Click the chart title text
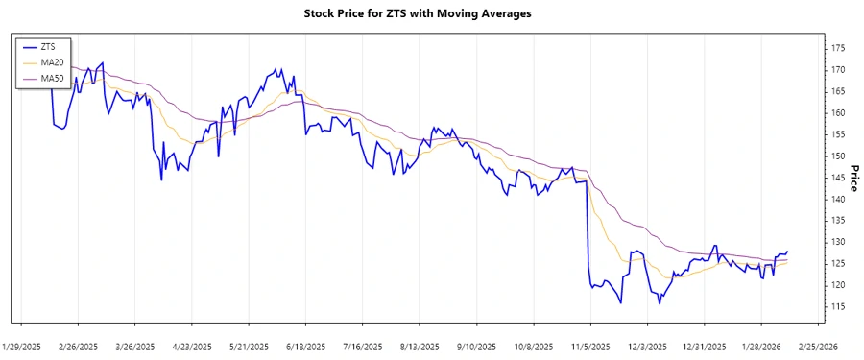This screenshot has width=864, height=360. (x=431, y=14)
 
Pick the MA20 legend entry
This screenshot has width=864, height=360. (x=52, y=62)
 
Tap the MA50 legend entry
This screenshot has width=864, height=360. (x=52, y=78)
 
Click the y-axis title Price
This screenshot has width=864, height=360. (x=852, y=177)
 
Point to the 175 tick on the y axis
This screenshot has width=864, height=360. (x=838, y=48)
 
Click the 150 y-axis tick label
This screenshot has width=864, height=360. (x=838, y=156)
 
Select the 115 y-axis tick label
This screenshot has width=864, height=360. (x=838, y=306)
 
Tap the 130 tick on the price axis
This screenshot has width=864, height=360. (x=838, y=242)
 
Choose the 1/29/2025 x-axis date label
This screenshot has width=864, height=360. (x=22, y=346)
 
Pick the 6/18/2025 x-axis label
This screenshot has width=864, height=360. (x=305, y=346)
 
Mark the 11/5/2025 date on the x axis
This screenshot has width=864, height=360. (x=590, y=346)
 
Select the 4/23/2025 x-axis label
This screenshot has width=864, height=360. (x=193, y=346)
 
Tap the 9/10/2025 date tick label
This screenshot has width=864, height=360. (x=476, y=346)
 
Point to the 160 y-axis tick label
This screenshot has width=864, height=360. (x=838, y=112)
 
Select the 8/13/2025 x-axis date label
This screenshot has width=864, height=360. (x=420, y=346)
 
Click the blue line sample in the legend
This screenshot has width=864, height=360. (x=29, y=47)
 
